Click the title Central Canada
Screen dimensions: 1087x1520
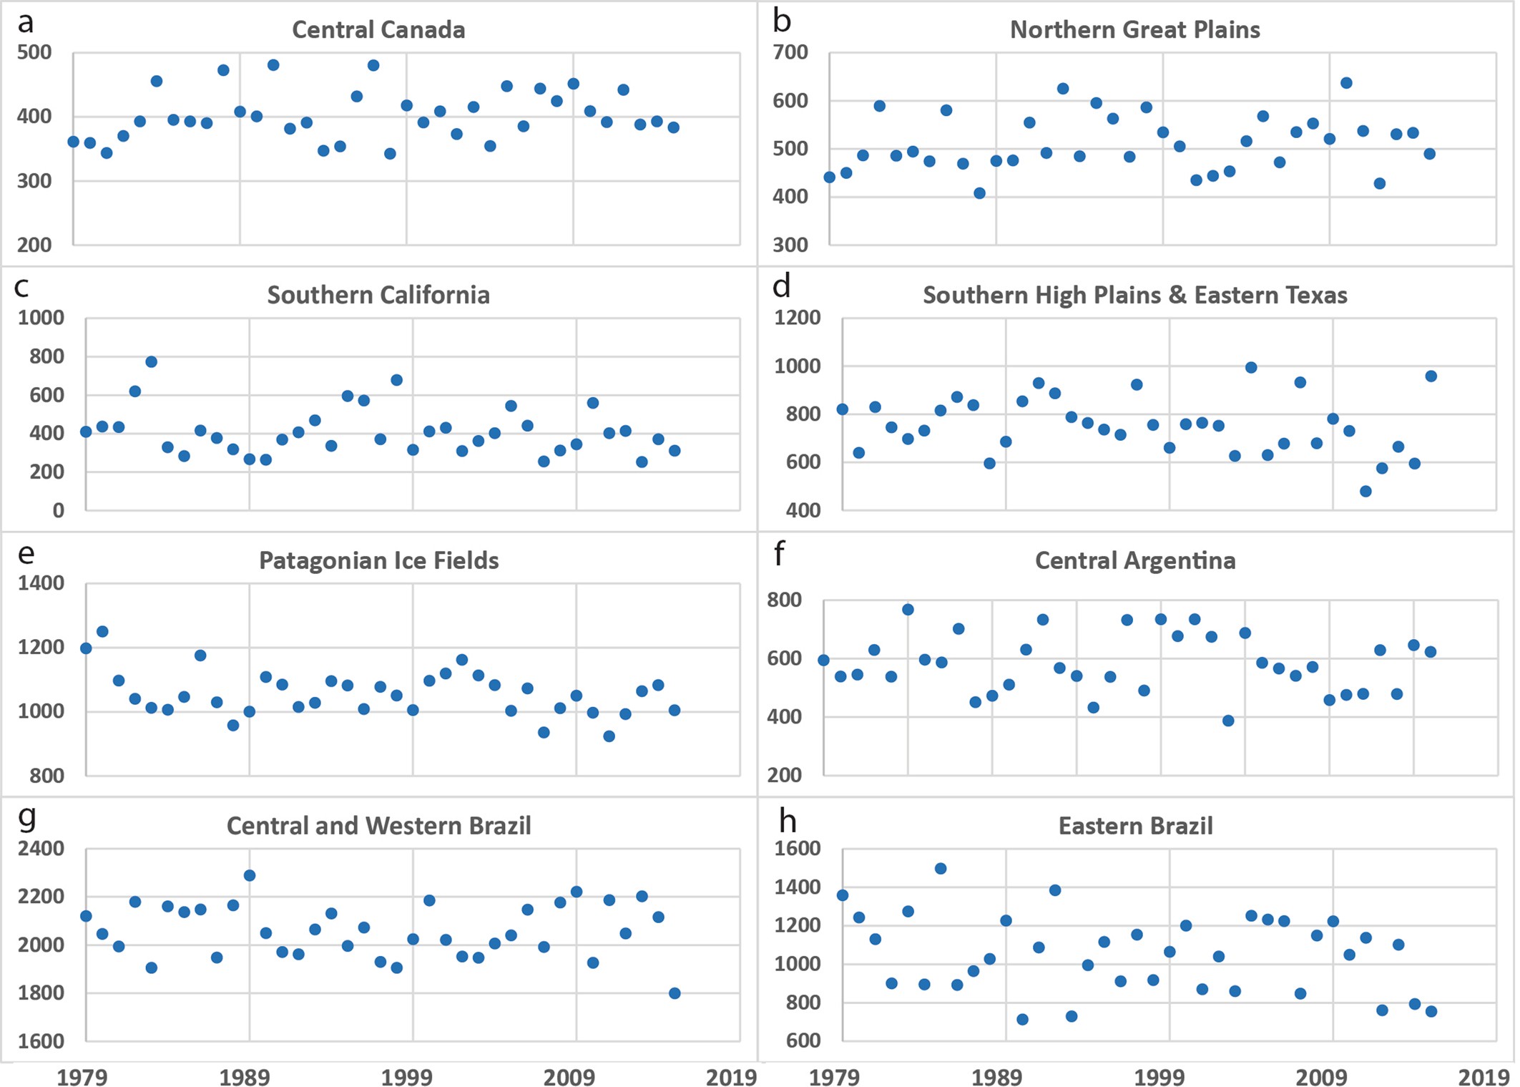coord(378,30)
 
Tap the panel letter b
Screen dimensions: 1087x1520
coord(782,21)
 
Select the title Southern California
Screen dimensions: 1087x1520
coord(378,295)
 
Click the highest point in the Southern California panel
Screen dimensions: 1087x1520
coord(151,362)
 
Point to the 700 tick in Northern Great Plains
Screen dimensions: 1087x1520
coord(790,52)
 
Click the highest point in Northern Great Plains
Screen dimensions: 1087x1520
coord(1346,83)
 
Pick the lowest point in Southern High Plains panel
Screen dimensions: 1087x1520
coord(1365,492)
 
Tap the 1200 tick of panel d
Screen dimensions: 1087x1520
coord(797,318)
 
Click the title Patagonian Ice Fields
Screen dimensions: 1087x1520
coord(378,560)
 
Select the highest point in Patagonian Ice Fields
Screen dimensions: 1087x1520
coord(102,632)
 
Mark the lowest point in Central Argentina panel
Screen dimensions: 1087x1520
coord(1228,721)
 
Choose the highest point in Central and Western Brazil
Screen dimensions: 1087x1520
coord(250,876)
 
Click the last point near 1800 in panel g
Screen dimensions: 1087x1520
coord(675,993)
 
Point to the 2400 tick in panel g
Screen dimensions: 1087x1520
coord(41,849)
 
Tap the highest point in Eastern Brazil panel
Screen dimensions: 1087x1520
coord(941,869)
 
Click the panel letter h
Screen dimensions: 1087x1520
coord(787,821)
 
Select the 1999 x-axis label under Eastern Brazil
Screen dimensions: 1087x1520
coord(1159,1076)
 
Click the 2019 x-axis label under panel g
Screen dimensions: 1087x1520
coord(730,1076)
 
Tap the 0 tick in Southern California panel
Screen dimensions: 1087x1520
coord(58,511)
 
